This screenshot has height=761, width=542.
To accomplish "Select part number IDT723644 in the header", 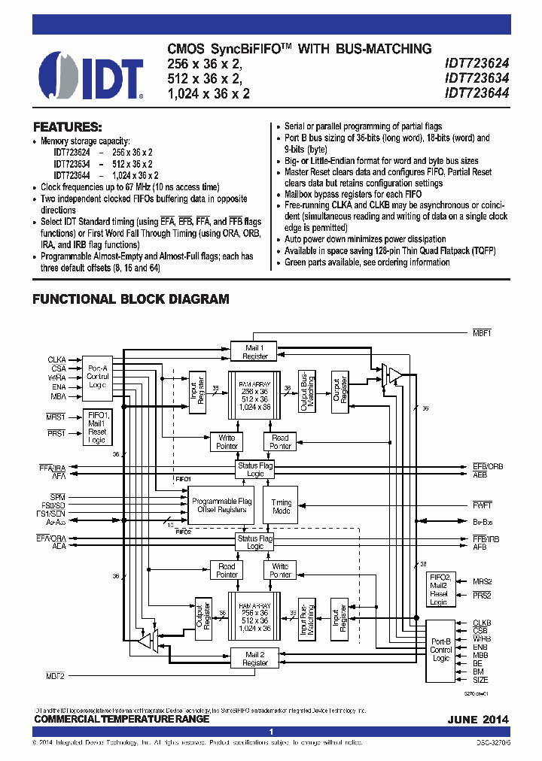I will [x=477, y=94].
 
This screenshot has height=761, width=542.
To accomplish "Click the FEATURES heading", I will [x=67, y=127].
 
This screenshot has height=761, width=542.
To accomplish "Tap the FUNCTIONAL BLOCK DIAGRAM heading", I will [x=130, y=299].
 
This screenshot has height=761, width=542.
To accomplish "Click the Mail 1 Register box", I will [x=255, y=352].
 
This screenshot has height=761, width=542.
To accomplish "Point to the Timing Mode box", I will [x=282, y=506].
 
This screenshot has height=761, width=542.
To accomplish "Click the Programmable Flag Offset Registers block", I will [x=221, y=505].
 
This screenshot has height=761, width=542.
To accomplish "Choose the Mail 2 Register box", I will [x=255, y=658].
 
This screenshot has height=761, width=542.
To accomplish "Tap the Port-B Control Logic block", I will [x=441, y=650].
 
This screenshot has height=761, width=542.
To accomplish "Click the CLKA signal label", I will [x=56, y=359].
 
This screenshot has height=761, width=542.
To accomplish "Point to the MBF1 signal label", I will [x=482, y=332].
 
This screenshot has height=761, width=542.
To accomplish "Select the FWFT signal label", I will [x=483, y=505].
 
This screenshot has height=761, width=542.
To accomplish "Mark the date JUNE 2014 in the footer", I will [x=478, y=720].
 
